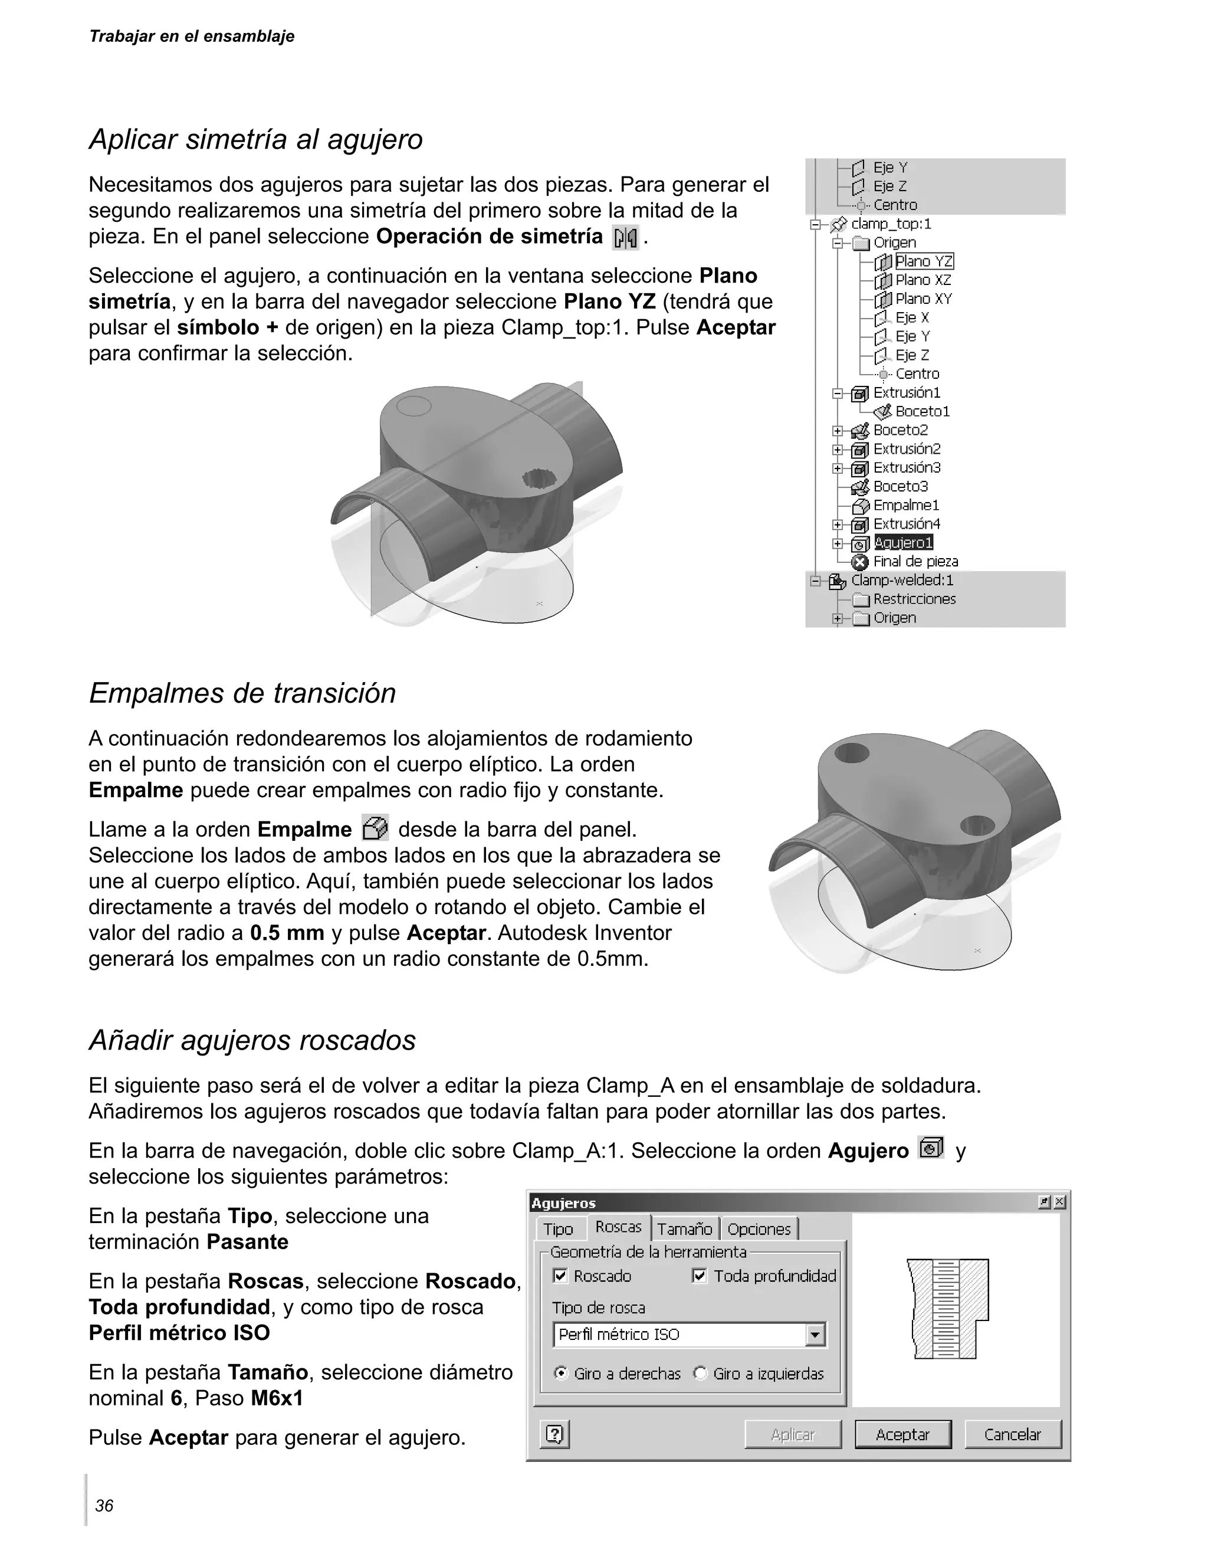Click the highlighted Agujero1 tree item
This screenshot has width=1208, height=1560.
point(903,543)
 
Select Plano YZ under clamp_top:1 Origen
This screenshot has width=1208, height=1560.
point(924,261)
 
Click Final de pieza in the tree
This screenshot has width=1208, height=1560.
point(915,562)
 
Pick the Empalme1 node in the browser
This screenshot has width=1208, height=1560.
point(906,506)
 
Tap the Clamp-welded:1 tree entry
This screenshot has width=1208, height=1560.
point(902,580)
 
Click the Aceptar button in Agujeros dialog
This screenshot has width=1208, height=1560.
point(902,1434)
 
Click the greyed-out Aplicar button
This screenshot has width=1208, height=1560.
point(793,1434)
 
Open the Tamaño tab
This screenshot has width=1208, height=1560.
point(684,1229)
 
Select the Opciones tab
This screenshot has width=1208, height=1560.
point(759,1229)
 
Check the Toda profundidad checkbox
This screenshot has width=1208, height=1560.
point(700,1276)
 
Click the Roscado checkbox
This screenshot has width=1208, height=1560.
point(560,1276)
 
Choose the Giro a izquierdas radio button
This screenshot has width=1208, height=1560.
point(700,1374)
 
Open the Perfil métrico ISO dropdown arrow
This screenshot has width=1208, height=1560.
point(815,1334)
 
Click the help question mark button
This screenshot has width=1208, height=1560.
point(554,1434)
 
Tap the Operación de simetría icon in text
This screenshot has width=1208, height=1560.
point(625,238)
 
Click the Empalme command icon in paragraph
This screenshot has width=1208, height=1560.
point(375,828)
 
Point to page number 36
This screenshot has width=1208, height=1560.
point(104,1506)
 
